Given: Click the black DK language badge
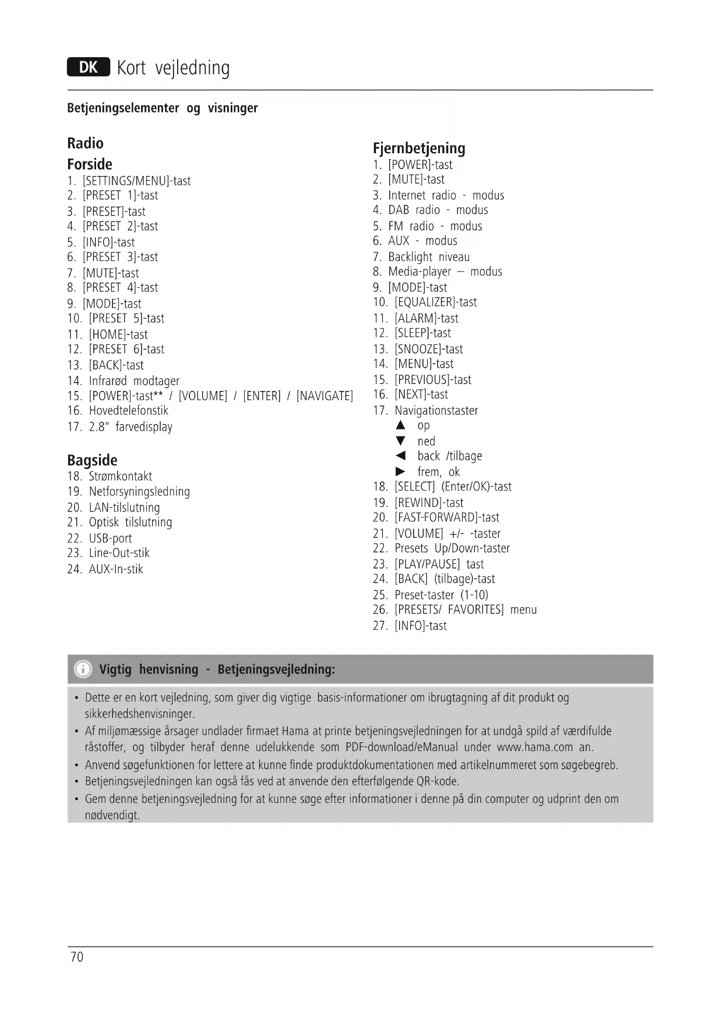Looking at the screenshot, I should pyautogui.click(x=89, y=68).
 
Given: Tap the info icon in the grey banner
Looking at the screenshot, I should pyautogui.click(x=83, y=669).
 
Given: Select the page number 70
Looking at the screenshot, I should pyautogui.click(x=77, y=957).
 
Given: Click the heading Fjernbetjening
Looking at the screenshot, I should pyautogui.click(x=419, y=148).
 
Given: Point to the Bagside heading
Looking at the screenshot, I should pyautogui.click(x=92, y=460).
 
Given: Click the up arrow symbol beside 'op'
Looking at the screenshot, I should pyautogui.click(x=400, y=425).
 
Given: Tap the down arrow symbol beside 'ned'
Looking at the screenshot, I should pyautogui.click(x=400, y=441).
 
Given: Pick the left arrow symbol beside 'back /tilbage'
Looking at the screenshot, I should pyautogui.click(x=400, y=456).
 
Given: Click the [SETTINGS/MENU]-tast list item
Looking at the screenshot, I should pyautogui.click(x=136, y=181).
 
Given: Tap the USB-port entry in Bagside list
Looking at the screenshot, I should pyautogui.click(x=110, y=538).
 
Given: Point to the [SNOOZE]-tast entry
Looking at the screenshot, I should pyautogui.click(x=428, y=349).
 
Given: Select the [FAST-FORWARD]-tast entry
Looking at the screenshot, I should pyautogui.click(x=447, y=517).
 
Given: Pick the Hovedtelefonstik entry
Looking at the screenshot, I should pyautogui.click(x=128, y=411).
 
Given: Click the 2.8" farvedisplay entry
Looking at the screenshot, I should pyautogui.click(x=131, y=427).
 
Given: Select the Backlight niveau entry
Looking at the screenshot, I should pyautogui.click(x=429, y=257).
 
